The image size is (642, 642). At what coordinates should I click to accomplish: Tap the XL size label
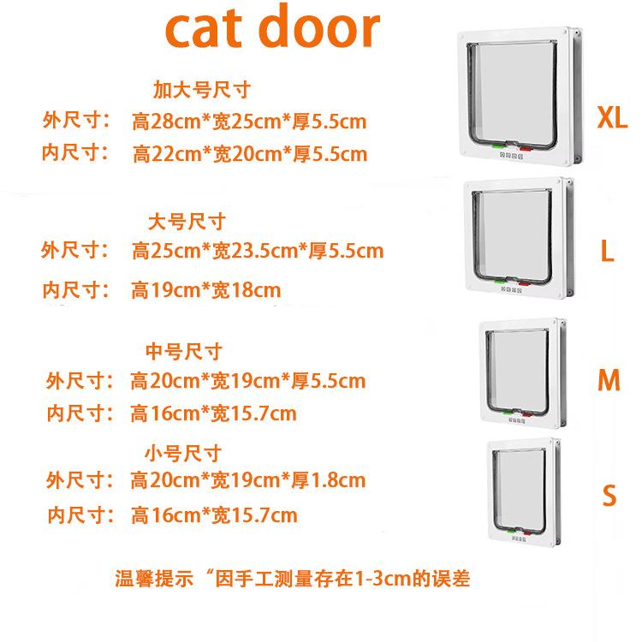click(x=612, y=117)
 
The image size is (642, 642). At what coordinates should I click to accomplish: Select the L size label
click(x=607, y=251)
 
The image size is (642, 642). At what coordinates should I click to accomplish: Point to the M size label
click(x=608, y=380)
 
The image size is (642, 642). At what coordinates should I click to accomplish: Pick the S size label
click(x=609, y=496)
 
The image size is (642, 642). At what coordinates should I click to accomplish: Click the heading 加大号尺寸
click(x=201, y=90)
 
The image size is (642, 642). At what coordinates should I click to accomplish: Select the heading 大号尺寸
click(x=187, y=222)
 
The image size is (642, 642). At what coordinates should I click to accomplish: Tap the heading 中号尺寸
click(x=185, y=351)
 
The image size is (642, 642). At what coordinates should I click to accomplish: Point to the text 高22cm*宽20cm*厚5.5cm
click(x=250, y=155)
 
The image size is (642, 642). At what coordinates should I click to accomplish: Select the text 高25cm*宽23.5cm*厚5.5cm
click(x=258, y=252)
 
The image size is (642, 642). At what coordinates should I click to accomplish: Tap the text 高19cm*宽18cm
click(x=205, y=290)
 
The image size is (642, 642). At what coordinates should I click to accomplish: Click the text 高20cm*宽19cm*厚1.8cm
click(x=248, y=480)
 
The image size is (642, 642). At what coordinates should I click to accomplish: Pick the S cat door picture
click(x=523, y=491)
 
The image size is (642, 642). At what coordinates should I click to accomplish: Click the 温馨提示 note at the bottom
click(x=293, y=578)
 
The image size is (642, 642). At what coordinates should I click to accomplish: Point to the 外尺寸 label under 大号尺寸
click(x=75, y=251)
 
